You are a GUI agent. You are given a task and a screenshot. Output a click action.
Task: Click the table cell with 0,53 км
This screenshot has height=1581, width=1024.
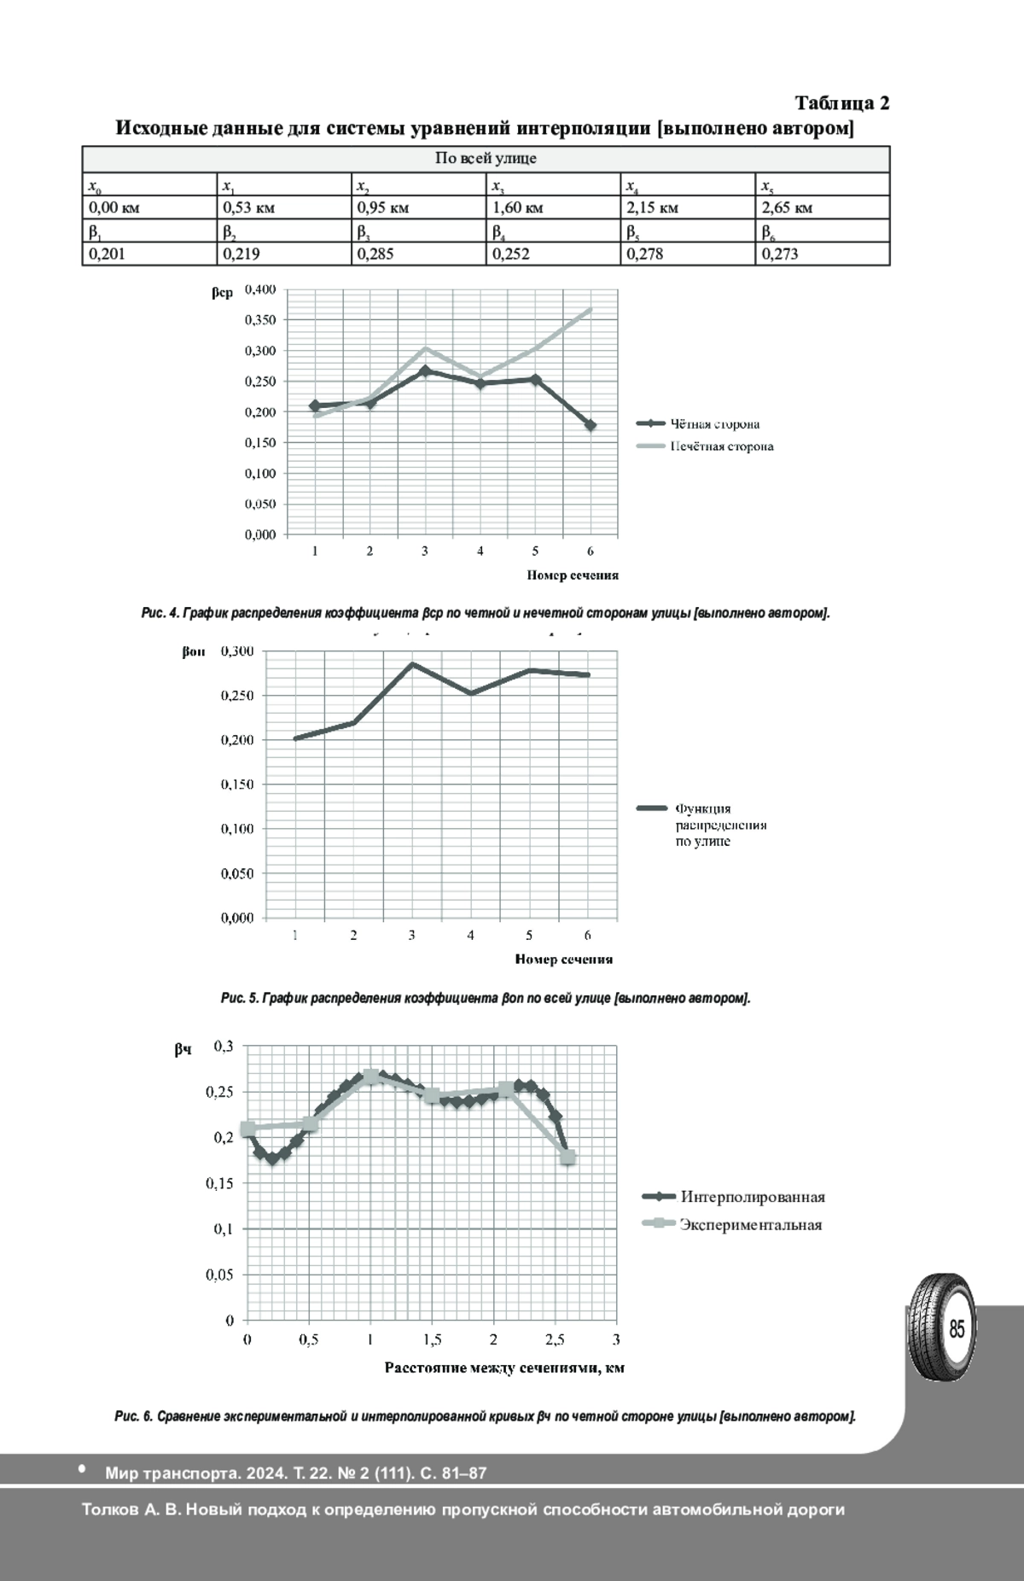pyautogui.click(x=284, y=207)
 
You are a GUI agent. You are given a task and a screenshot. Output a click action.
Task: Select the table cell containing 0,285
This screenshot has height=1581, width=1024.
pyautogui.click(x=418, y=254)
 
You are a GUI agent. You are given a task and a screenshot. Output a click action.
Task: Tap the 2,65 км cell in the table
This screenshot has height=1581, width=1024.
pyautogui.click(x=823, y=207)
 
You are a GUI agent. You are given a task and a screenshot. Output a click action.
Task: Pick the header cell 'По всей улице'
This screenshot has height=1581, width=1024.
pyautogui.click(x=486, y=159)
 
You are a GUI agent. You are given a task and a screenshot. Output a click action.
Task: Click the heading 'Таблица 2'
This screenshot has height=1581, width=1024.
pyautogui.click(x=842, y=103)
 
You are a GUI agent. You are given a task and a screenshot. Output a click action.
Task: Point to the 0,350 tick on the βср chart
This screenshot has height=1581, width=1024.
pyautogui.click(x=260, y=320)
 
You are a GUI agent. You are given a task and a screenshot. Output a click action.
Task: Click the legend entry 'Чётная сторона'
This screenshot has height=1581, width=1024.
pyautogui.click(x=714, y=424)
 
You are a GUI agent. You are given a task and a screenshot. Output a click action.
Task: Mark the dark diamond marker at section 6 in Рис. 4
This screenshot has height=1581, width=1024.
pyautogui.click(x=591, y=425)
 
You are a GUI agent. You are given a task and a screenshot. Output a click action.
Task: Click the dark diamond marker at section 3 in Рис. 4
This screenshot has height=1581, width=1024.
pyautogui.click(x=425, y=371)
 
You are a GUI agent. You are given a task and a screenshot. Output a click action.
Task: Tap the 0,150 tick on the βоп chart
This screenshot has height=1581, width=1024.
pyautogui.click(x=237, y=785)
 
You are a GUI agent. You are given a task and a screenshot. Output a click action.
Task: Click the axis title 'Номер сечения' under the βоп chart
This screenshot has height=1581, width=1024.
pyautogui.click(x=564, y=960)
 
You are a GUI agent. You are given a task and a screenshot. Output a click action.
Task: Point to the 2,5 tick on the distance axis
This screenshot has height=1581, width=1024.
pyautogui.click(x=555, y=1339)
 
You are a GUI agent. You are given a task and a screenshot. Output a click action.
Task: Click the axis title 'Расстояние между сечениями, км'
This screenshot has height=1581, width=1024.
pyautogui.click(x=504, y=1368)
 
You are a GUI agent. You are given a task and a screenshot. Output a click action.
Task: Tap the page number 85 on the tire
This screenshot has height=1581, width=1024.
pyautogui.click(x=957, y=1329)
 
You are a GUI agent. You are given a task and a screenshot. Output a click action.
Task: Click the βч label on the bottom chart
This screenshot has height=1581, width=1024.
pyautogui.click(x=183, y=1051)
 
